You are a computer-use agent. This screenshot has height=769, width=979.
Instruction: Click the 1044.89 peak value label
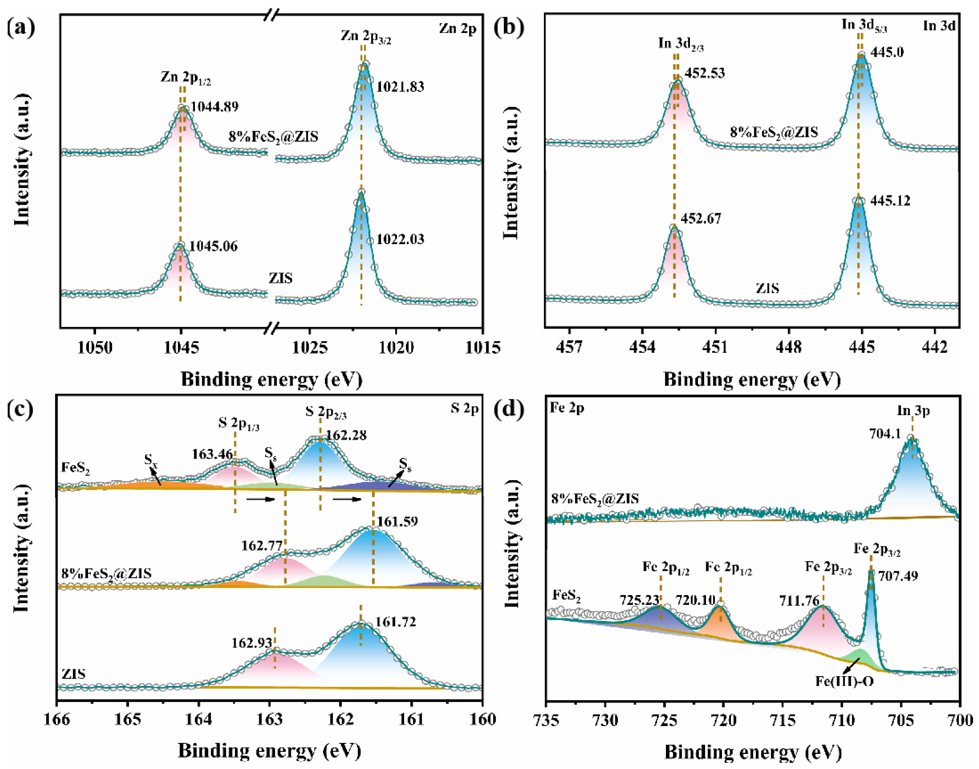214,107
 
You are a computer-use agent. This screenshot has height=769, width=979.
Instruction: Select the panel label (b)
509,28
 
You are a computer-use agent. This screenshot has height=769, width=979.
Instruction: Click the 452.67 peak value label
701,219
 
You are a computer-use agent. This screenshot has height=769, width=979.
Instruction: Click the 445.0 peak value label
887,52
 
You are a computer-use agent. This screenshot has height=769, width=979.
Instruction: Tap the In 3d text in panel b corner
939,26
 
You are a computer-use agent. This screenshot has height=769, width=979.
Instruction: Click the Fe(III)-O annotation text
844,681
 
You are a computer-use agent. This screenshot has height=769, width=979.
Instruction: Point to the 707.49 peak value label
898,576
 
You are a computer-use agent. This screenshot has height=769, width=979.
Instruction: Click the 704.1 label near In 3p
885,434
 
